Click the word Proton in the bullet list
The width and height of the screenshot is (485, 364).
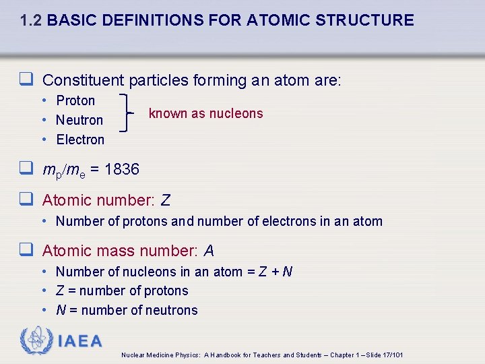click(75, 100)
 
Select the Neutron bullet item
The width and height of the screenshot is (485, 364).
click(79, 120)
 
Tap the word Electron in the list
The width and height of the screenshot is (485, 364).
click(80, 140)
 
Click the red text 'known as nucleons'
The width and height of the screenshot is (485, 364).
click(205, 113)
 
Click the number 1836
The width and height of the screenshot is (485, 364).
click(122, 169)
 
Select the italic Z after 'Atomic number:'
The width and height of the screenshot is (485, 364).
click(166, 200)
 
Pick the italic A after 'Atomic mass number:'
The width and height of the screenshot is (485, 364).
click(209, 251)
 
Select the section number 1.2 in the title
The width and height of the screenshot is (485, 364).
click(32, 20)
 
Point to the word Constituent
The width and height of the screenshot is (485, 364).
click(83, 81)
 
